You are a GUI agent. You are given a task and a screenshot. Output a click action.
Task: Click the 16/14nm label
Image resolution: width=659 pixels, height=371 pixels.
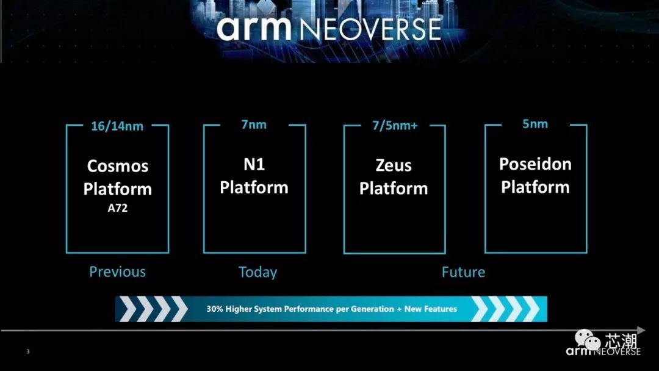click(x=117, y=126)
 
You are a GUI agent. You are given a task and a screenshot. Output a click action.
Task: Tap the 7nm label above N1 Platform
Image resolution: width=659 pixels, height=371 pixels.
click(x=254, y=125)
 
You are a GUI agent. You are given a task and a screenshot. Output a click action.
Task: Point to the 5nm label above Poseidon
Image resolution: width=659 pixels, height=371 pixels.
click(x=535, y=124)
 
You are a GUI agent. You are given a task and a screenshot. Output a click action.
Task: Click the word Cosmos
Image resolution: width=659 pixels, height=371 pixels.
click(x=118, y=165)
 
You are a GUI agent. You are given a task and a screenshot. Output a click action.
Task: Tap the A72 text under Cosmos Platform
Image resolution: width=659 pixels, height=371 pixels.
click(x=117, y=208)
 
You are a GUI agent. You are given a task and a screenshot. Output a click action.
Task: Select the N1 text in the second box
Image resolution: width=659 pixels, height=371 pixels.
click(x=254, y=164)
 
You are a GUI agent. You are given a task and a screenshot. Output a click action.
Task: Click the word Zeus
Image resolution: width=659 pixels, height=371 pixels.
click(x=394, y=165)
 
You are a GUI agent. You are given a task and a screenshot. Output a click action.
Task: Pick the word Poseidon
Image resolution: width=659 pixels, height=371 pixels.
click(x=535, y=164)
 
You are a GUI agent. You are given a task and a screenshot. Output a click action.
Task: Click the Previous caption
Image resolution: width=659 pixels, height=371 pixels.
click(x=117, y=272)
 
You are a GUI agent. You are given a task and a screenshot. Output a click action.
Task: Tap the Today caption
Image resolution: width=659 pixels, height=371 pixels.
click(x=257, y=272)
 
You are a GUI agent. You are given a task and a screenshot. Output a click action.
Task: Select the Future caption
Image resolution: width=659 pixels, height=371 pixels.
click(x=463, y=272)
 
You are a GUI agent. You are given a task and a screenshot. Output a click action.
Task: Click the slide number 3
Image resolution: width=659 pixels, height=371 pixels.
click(x=28, y=351)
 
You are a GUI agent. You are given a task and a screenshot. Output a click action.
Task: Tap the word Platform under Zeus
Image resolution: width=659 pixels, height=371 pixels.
click(x=394, y=189)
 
